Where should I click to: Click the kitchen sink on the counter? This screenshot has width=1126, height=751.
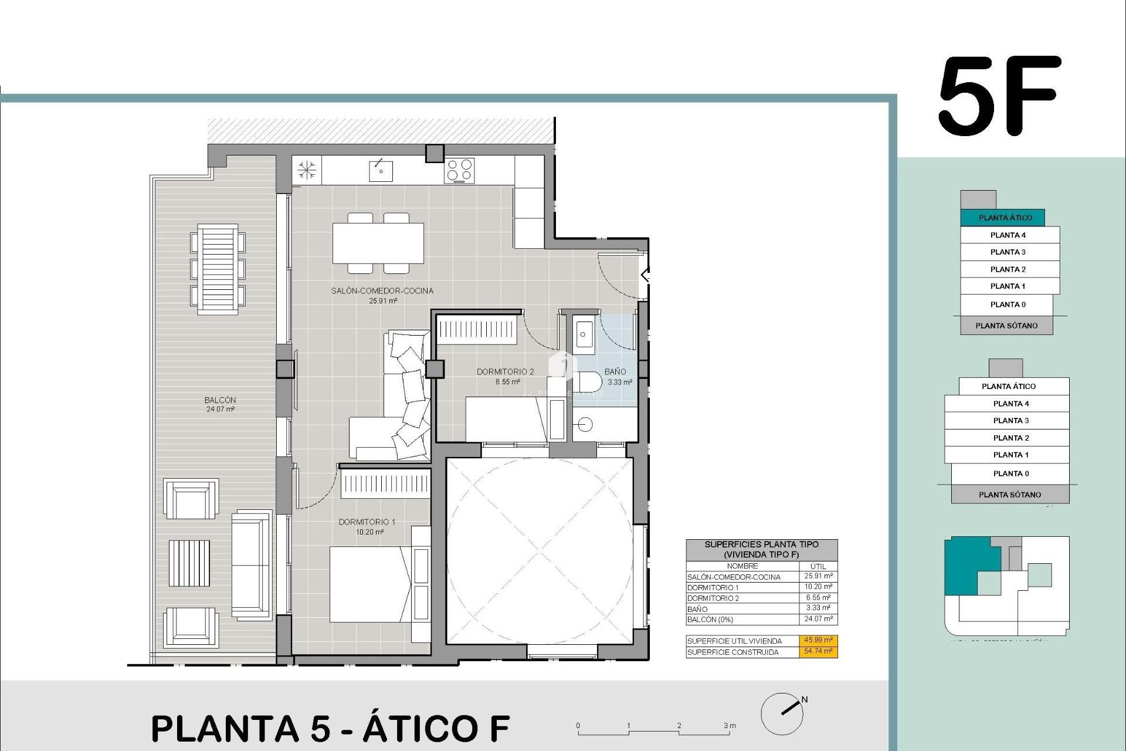(x=381, y=171)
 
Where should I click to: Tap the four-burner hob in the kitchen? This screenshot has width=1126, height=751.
(x=459, y=171)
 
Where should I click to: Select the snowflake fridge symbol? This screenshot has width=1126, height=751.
(x=307, y=170)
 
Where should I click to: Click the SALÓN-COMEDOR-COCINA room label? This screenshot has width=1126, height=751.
(x=382, y=291)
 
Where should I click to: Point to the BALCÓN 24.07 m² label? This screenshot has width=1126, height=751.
(x=221, y=404)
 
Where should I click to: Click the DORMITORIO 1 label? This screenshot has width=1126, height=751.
(x=367, y=522)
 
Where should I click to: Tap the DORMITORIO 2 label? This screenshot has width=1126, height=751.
(x=505, y=372)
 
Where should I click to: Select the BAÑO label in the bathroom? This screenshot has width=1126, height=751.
(x=615, y=372)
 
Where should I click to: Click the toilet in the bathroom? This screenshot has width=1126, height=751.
(x=589, y=382)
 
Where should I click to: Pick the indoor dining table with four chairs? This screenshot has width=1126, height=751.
(x=378, y=243)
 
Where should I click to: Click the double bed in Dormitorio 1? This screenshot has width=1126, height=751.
(x=369, y=584)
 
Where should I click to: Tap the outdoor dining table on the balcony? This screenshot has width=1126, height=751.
(x=218, y=270)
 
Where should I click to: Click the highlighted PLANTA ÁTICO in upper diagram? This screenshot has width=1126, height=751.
(x=1005, y=218)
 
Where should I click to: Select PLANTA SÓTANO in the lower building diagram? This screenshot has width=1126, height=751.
(x=1010, y=495)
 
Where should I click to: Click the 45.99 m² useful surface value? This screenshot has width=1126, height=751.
(x=818, y=641)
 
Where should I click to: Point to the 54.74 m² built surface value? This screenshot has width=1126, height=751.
(x=818, y=651)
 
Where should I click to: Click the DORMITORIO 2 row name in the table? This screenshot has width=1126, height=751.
(x=713, y=598)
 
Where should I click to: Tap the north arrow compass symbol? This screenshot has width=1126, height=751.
(x=782, y=713)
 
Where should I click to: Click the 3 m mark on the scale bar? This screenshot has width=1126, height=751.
(x=730, y=726)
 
